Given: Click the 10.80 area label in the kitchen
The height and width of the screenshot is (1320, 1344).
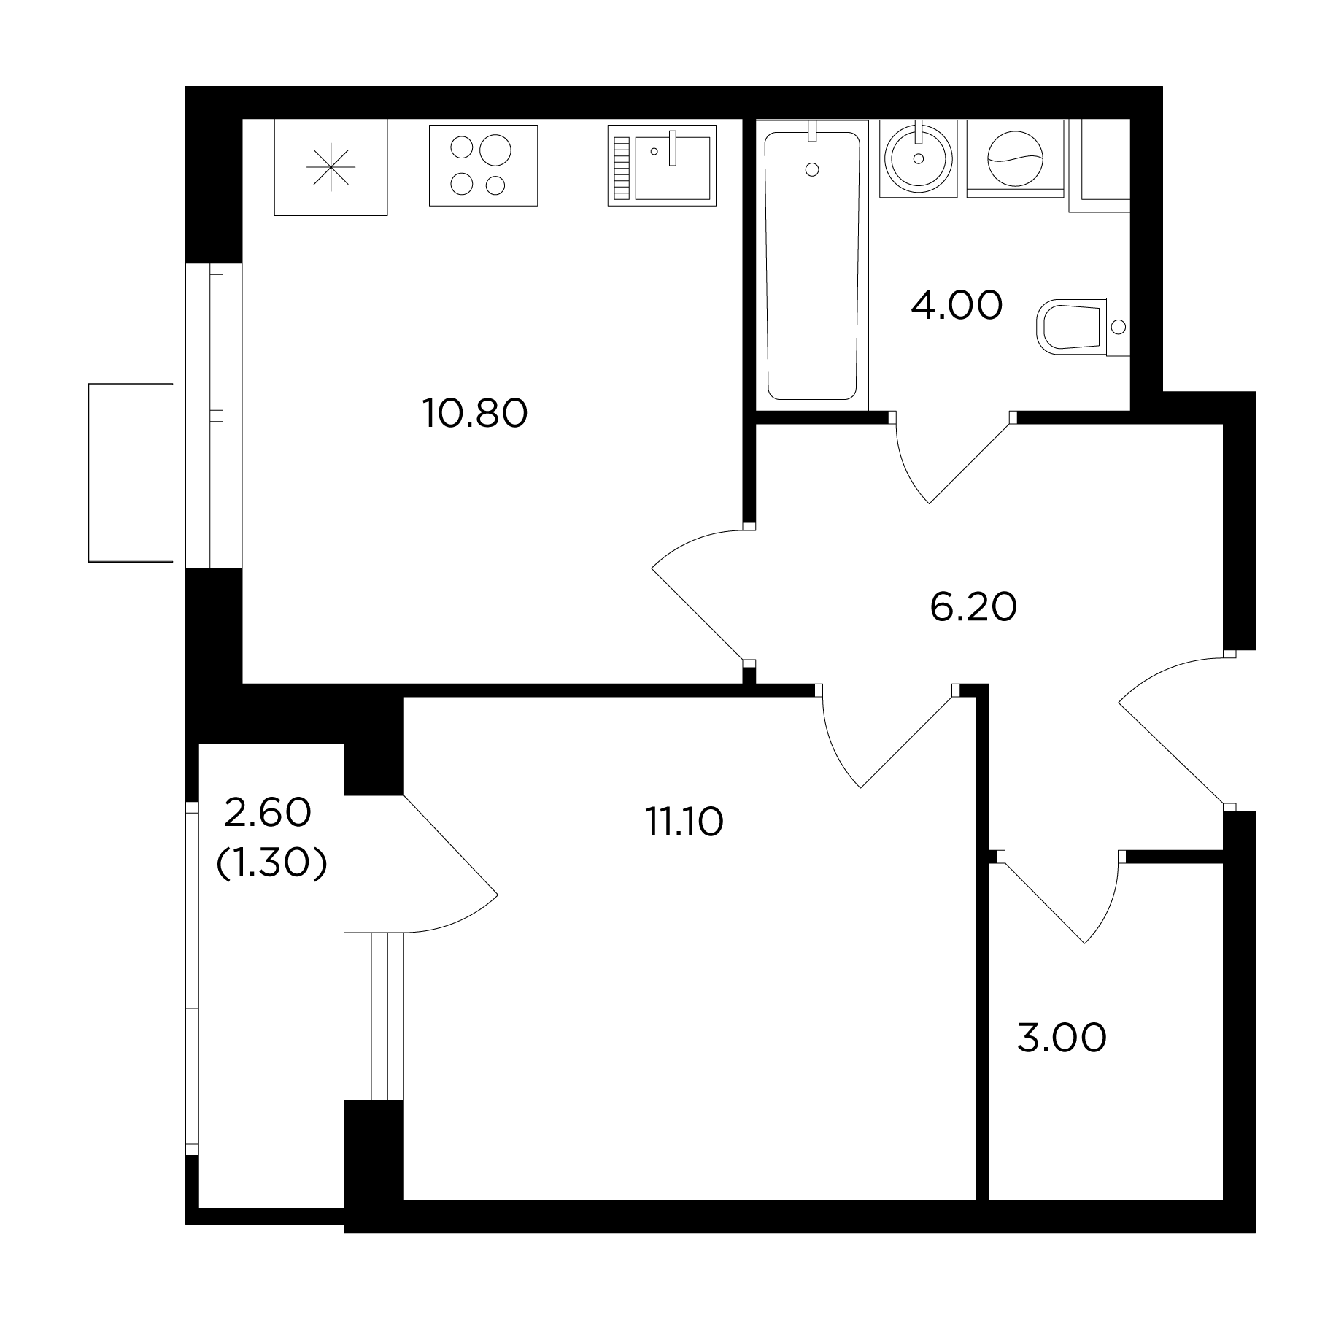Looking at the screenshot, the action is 475,414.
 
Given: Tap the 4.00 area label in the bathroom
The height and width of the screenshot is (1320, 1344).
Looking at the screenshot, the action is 957,306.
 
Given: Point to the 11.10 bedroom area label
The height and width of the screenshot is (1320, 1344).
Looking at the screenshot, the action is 684,822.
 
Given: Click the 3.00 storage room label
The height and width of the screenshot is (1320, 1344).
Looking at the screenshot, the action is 1062,1039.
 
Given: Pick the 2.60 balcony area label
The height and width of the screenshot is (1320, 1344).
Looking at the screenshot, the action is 268,813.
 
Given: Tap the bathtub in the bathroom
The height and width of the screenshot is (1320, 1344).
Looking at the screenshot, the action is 812,266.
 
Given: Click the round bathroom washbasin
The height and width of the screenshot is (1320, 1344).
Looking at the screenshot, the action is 919,158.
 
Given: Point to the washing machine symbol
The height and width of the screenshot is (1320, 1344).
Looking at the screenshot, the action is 1015,158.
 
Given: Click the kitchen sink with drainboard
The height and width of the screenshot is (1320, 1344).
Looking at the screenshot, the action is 662,165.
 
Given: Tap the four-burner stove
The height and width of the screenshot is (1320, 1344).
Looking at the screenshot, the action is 483,165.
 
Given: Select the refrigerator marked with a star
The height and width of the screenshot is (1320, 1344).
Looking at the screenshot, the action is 331,167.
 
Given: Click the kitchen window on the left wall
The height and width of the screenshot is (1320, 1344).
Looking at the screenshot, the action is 215,415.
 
